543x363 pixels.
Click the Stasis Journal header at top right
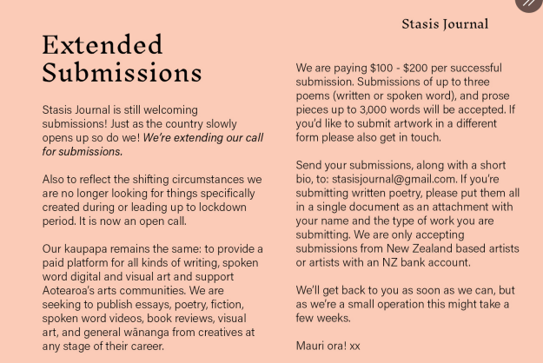(x=445, y=24)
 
